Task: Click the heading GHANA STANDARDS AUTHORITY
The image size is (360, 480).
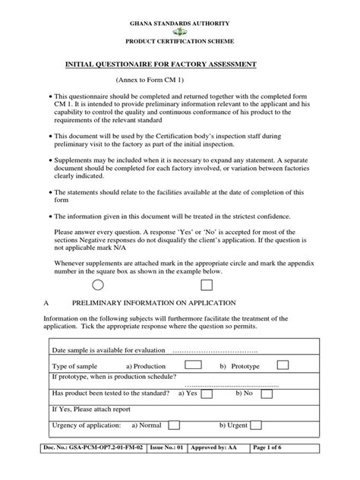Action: tap(180, 20)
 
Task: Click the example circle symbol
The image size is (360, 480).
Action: tap(97, 285)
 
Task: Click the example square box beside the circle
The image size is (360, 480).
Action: tap(207, 285)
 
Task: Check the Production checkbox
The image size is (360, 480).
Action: tap(193, 365)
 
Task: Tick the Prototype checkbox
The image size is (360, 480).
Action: tap(283, 365)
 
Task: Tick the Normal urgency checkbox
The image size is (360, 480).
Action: tap(173, 425)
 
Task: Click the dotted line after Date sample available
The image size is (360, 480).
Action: tap(215, 350)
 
